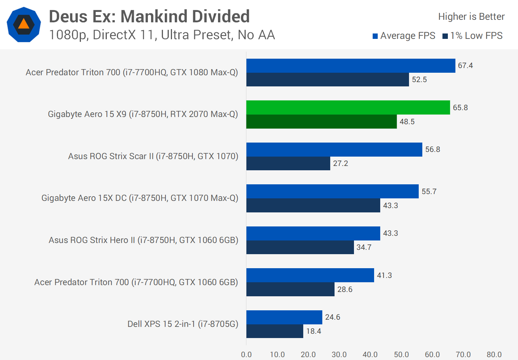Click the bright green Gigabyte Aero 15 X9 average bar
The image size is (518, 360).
coord(348,108)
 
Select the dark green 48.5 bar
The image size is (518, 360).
coord(321,122)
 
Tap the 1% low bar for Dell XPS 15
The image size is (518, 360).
coord(274,331)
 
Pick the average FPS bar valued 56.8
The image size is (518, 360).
coord(334,149)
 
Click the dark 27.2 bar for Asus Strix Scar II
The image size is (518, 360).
coord(288,163)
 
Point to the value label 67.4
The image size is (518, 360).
coord(465,66)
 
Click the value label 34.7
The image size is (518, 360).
coord(364,247)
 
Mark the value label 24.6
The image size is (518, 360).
coord(332,317)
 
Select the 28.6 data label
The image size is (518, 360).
coord(345,289)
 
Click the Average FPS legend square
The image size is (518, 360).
coord(375,36)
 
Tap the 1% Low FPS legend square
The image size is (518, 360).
coord(445,36)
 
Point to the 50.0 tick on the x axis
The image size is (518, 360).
coord(401,355)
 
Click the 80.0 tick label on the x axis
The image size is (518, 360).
coord(494,355)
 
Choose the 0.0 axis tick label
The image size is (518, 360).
coord(246,355)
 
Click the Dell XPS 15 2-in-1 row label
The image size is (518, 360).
coord(183,324)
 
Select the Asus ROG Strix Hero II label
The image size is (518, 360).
coord(143,240)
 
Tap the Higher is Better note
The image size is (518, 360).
coord(471,17)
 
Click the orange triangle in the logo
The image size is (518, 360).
coord(24,24)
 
